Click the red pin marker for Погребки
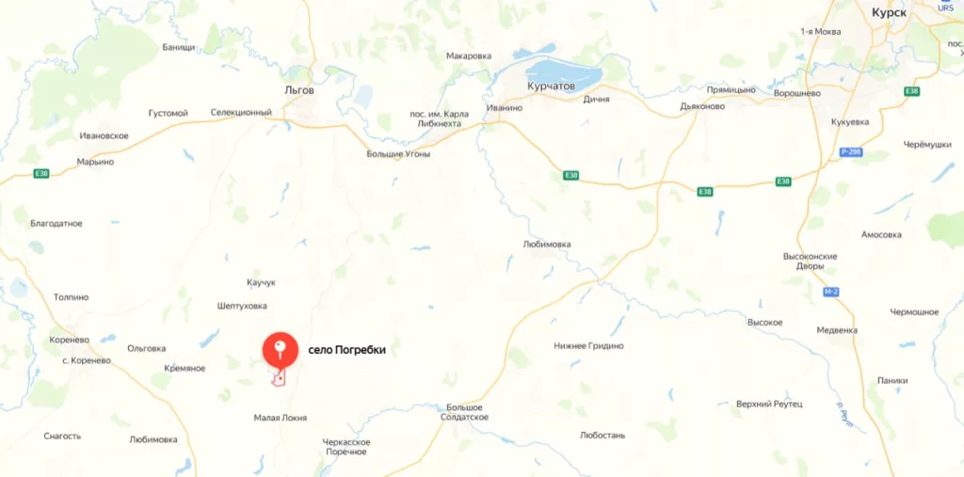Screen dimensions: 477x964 (280, 349)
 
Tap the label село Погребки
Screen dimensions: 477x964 (347, 350)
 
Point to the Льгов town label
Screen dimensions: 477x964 (299, 90)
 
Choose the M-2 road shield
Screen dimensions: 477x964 (829, 292)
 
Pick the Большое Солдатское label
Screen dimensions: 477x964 (466, 411)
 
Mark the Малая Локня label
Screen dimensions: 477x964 (281, 418)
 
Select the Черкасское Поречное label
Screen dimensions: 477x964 (346, 446)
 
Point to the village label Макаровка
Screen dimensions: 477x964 (469, 56)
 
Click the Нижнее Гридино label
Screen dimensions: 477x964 (588, 345)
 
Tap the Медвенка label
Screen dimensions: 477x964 (837, 330)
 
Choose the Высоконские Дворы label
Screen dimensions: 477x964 (810, 261)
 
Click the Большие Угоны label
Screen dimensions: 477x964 (398, 153)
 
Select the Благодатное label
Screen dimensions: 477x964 (56, 224)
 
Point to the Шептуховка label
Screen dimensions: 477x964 (242, 306)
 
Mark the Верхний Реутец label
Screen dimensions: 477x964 (769, 404)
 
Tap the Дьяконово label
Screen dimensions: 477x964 (702, 106)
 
